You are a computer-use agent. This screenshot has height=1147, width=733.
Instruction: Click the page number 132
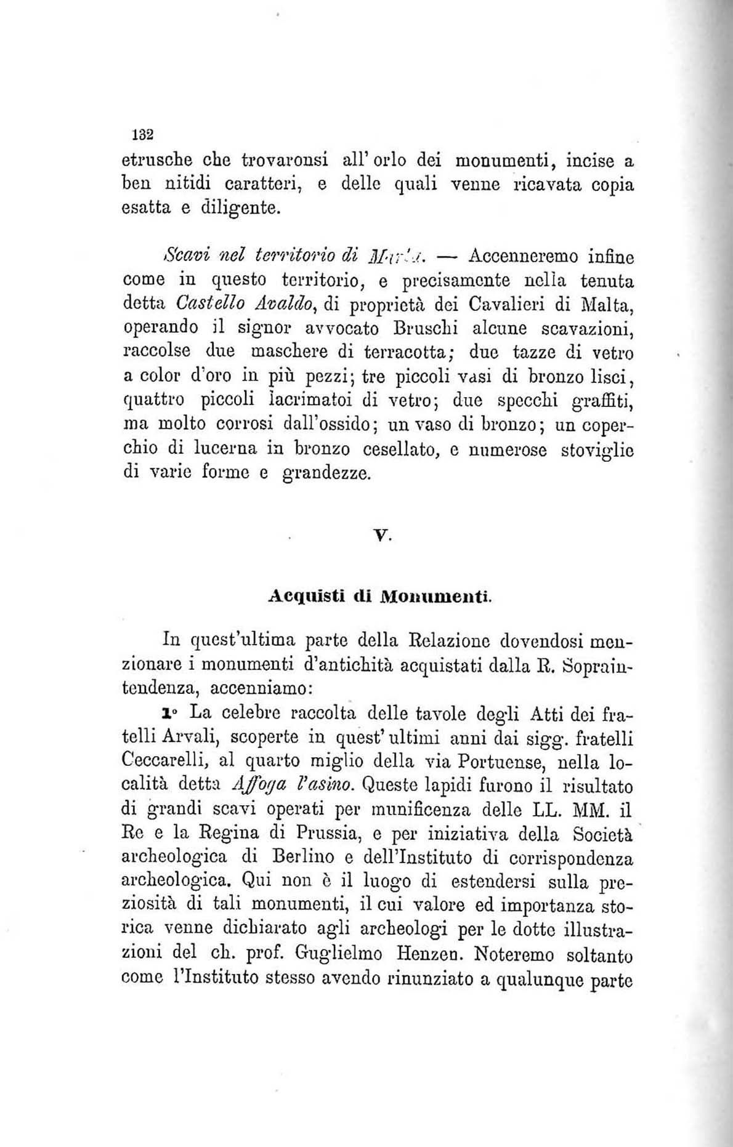tap(142, 135)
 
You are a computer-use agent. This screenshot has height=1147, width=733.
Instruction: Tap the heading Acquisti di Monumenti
tap(380, 597)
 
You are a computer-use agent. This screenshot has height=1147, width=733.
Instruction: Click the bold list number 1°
tap(168, 714)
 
